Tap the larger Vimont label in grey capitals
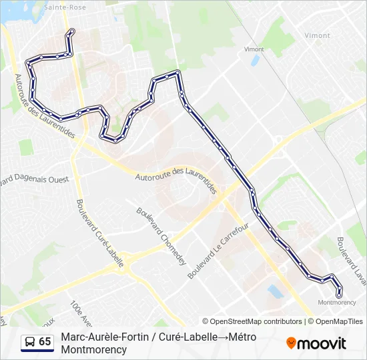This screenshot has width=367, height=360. point(317,35)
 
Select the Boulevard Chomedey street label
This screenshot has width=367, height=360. point(161,235)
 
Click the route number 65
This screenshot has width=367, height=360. point(45,342)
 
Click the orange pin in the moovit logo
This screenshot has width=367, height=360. point(291,343)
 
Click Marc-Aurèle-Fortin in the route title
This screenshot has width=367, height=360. point(101,337)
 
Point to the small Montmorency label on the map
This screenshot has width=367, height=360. point(337,302)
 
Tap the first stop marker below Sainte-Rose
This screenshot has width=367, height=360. point(71,31)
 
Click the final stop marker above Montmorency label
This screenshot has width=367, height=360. point(339,293)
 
